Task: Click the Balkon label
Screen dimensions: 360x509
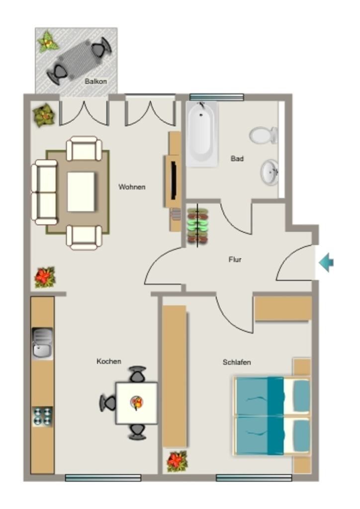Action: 96,81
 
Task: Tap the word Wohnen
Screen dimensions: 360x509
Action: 132,187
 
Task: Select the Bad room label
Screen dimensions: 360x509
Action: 237,159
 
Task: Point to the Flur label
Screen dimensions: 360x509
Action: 235,259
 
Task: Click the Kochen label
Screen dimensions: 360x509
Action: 109,361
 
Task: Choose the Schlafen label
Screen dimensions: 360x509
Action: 237,362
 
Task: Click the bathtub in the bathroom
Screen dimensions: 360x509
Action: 201,134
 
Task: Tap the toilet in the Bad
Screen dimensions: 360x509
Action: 263,135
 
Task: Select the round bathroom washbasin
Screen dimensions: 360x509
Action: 270,172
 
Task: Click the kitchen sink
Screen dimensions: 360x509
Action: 42,343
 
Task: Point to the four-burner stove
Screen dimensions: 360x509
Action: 43,417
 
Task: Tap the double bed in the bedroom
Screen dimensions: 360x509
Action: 272,416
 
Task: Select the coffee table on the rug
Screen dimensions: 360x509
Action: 81,192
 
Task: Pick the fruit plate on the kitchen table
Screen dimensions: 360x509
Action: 137,403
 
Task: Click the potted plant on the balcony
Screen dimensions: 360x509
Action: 48,41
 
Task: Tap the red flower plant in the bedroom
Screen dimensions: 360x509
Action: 177,461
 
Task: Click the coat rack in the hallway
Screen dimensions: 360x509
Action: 197,226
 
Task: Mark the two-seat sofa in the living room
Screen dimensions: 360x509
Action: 45,192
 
